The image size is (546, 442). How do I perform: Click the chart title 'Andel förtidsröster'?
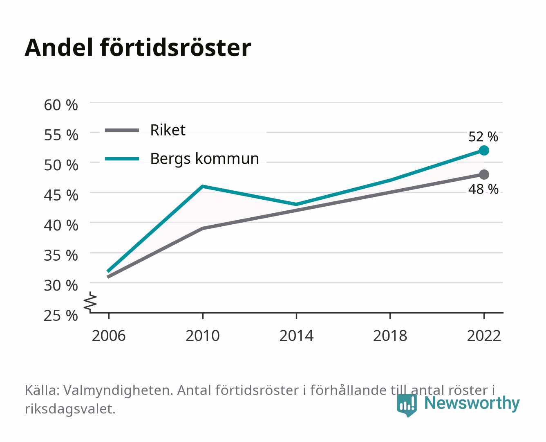pos(138,48)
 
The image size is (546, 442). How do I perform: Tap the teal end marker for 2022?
pos(484,151)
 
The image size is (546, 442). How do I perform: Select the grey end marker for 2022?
pos(484,174)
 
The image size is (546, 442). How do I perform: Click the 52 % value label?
pos(483,137)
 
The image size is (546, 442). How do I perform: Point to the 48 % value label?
pos(483,189)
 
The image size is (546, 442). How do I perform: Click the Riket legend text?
pos(168,130)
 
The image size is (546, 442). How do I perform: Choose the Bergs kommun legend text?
pos(205,159)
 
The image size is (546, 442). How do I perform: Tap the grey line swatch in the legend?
pos(122,130)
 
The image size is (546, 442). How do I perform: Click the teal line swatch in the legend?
pos(122,159)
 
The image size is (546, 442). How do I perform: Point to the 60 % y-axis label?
pos(61,105)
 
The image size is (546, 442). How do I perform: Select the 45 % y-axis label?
pos(61,195)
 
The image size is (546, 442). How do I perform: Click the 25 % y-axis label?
pos(61,316)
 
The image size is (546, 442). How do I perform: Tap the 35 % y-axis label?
pos(61,255)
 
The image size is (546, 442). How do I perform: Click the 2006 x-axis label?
pos(109,336)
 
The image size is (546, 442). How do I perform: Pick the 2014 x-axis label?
pos(296,336)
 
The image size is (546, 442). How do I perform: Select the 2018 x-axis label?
pos(390,336)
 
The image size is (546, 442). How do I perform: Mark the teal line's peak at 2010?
pos(203,186)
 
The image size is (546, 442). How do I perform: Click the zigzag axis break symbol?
pos(90,302)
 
